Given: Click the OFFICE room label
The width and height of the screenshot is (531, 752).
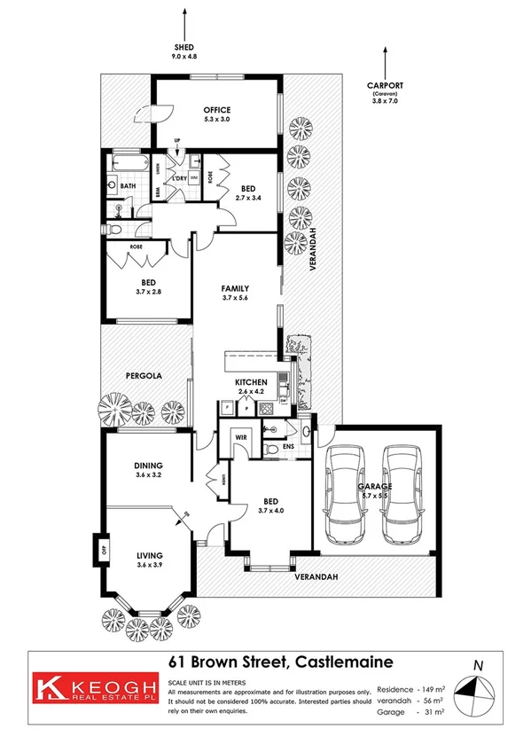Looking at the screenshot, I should [217, 110].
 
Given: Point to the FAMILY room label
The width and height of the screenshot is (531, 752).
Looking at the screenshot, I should [234, 288].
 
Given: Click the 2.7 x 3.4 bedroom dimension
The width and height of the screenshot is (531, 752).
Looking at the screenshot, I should [247, 198].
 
